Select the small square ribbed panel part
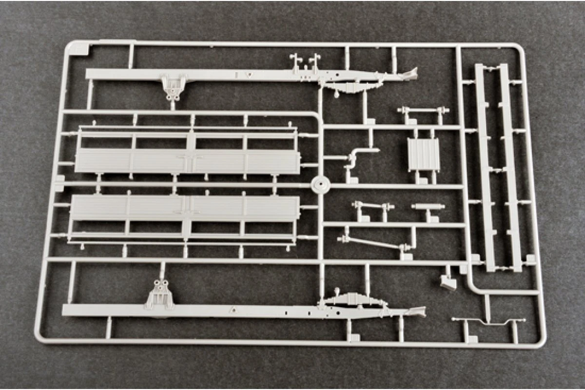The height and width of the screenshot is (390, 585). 423,155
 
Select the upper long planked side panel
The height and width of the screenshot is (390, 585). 187,160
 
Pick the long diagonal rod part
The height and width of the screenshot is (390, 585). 373,243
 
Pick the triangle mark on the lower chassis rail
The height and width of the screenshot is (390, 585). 233,309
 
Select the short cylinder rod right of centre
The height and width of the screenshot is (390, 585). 428,207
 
